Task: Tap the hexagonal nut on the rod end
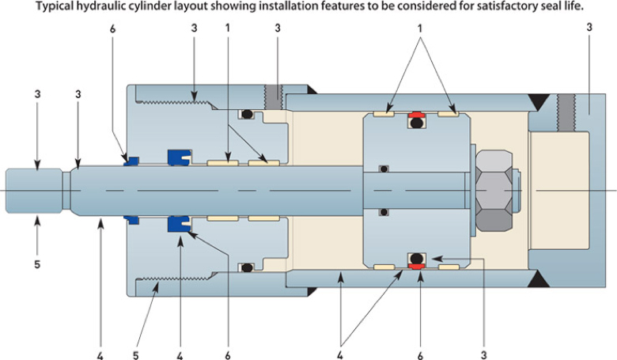pos(494,190)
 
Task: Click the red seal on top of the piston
pos(417,121)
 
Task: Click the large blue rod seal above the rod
pos(176,157)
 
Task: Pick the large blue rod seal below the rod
pos(176,225)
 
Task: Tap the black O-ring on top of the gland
pos(247,115)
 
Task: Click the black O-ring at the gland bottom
pos(247,267)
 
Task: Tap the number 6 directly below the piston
pos(420,346)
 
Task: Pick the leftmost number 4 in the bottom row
pos(100,346)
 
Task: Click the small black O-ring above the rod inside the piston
pos(383,169)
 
